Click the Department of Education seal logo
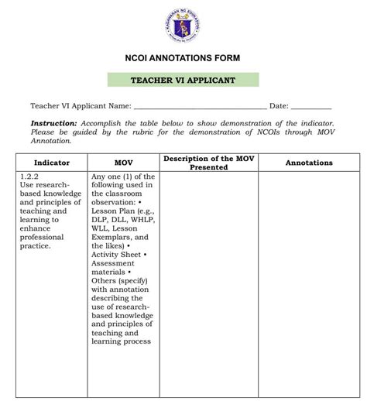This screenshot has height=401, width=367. [183, 28]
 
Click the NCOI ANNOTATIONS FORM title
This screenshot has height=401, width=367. [183, 58]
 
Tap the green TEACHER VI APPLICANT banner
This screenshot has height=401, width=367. [183, 80]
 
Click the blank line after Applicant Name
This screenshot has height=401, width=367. [200, 106]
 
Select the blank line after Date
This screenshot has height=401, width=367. [311, 106]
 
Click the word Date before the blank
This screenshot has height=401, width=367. [278, 106]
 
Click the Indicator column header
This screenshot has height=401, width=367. [51, 163]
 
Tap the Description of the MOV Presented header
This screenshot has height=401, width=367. [209, 163]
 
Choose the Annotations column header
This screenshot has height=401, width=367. [309, 163]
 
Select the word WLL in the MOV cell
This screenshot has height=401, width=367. [101, 228]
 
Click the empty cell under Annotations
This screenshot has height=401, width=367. [309, 279]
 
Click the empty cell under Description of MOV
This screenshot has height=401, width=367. [209, 279]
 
